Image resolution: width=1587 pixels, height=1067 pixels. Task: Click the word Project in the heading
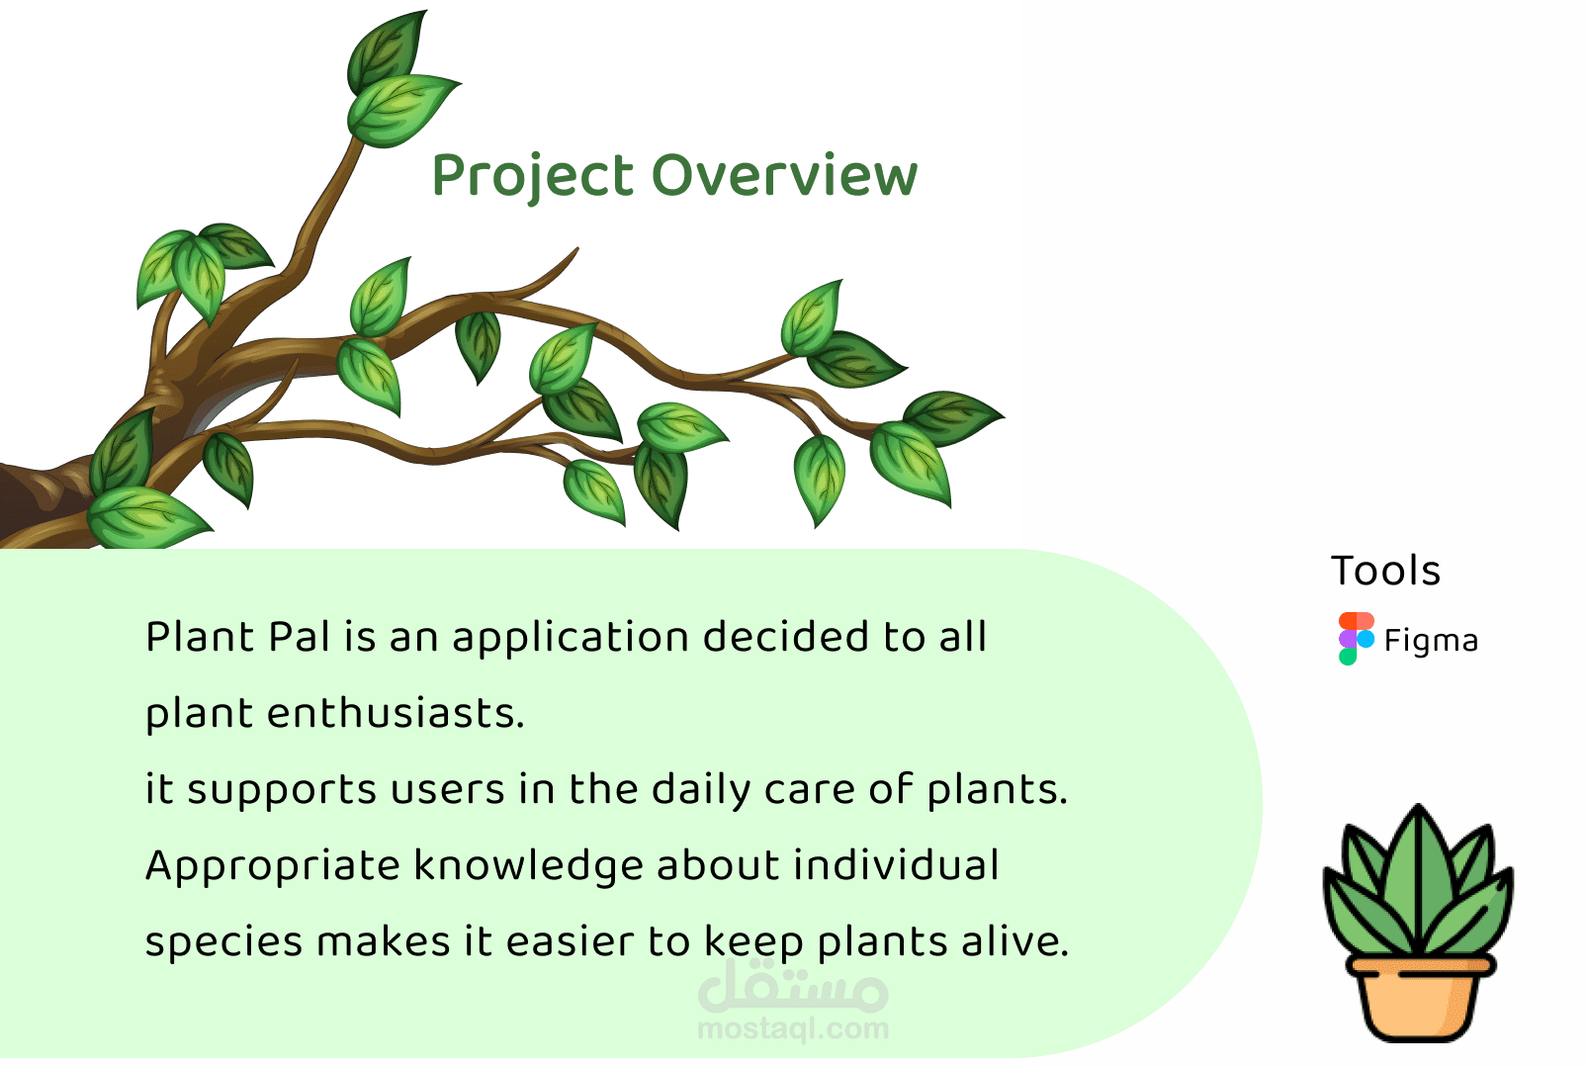pos(533,177)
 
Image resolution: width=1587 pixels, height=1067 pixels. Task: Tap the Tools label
pos(1386,571)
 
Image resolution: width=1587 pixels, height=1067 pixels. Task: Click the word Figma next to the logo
pos(1431,641)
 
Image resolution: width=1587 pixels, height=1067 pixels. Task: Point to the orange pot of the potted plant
pos(1420,999)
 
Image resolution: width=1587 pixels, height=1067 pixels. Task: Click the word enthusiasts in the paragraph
pos(396,713)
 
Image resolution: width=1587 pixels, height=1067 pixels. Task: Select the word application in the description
pos(571,638)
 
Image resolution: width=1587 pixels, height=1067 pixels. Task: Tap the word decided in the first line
pos(785,636)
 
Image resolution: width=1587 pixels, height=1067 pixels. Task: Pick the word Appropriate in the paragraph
pos(273,867)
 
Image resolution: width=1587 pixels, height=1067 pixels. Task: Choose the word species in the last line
pos(223,943)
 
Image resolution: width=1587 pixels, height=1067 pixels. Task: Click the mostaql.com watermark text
pos(793,1029)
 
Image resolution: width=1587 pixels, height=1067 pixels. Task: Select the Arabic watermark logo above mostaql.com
pos(793,986)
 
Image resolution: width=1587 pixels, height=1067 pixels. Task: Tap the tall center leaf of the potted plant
pos(1418,878)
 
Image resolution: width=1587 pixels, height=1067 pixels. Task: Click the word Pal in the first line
pos(300,636)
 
